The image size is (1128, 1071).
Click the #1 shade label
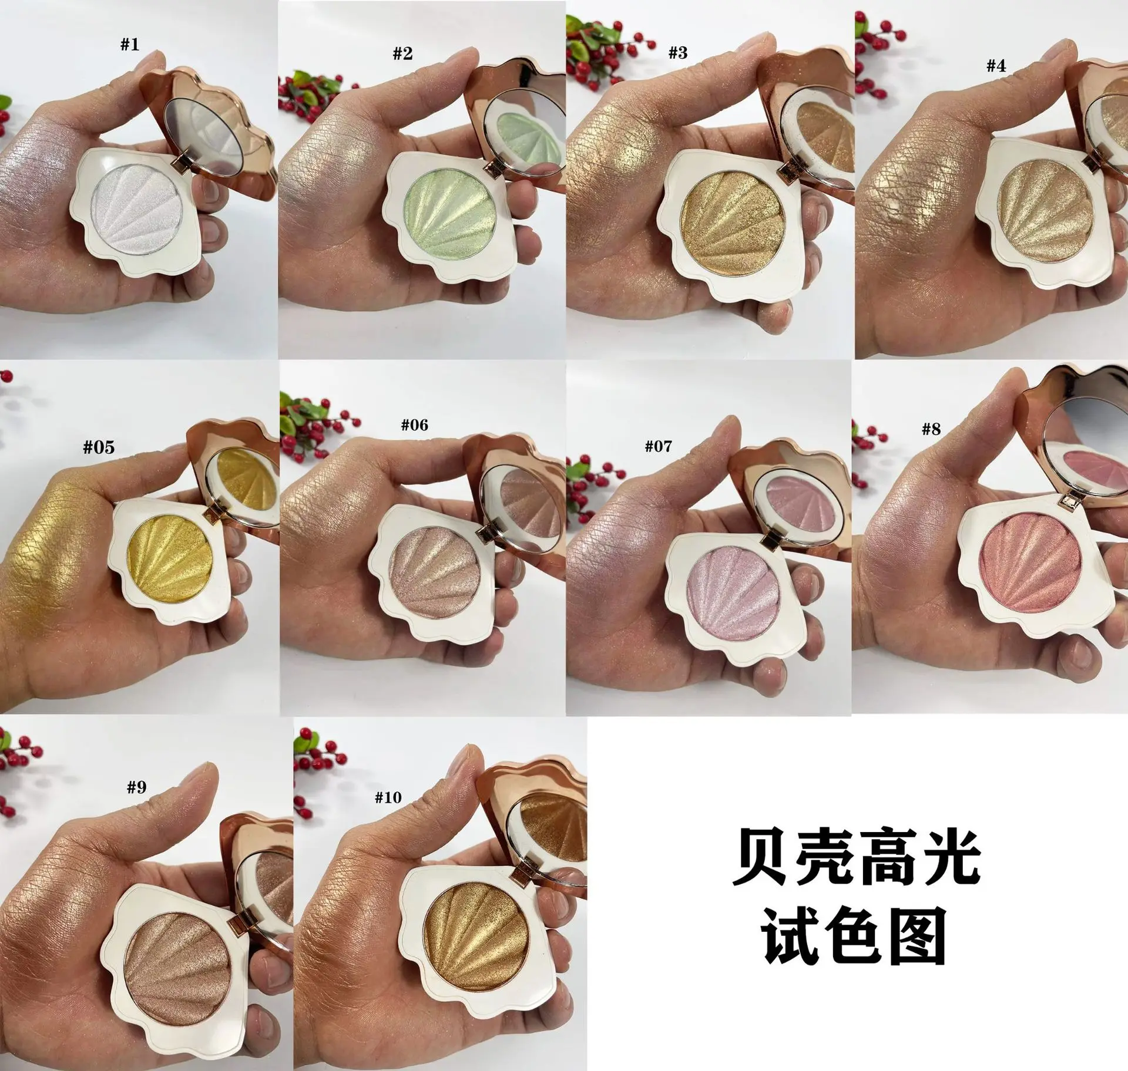point(130,45)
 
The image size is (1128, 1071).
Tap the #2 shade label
point(402,54)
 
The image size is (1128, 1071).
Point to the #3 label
point(677,53)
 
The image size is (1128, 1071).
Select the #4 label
point(996,66)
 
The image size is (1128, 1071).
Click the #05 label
point(99,447)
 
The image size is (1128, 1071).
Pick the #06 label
point(415,425)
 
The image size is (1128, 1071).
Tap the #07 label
point(658,447)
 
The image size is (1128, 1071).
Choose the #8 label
point(931,429)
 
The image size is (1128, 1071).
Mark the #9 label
point(137,787)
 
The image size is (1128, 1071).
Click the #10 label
point(388,797)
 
